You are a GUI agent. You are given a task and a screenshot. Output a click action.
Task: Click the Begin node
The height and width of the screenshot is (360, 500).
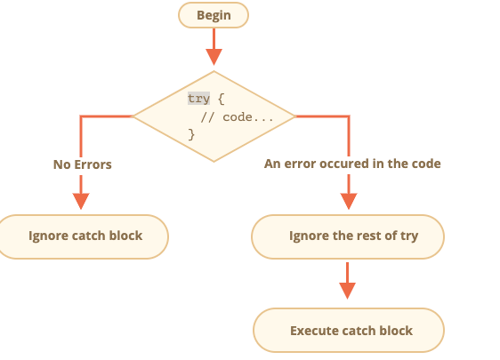point(214,15)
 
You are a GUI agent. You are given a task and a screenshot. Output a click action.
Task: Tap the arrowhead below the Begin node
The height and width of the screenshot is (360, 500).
point(214,57)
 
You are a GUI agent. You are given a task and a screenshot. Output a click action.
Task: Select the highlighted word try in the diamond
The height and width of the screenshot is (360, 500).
point(198,99)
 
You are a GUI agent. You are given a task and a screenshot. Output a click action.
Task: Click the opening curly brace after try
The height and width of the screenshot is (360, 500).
point(222,99)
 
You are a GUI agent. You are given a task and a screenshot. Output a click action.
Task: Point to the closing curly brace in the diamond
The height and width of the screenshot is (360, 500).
point(191,134)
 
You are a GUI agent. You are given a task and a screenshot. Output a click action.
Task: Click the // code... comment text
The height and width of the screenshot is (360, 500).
point(237,117)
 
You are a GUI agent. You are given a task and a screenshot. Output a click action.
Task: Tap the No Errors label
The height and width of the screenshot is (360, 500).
point(83,164)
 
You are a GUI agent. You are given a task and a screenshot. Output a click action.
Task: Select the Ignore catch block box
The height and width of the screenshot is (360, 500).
point(84,236)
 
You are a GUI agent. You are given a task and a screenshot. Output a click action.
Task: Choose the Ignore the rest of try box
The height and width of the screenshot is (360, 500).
point(348,236)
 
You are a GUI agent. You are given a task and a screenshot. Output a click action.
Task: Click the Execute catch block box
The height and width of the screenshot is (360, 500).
point(349,330)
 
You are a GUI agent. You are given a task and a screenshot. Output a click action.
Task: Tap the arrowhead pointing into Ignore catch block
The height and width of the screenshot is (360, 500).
point(81,201)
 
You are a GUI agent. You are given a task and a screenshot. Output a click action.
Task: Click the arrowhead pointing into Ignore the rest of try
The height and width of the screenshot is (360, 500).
point(349,201)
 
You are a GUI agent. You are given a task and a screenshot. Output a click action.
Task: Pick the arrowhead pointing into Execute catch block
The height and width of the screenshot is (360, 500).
point(347,291)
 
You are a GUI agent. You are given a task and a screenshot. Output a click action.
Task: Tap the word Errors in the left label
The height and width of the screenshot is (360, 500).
point(93,164)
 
